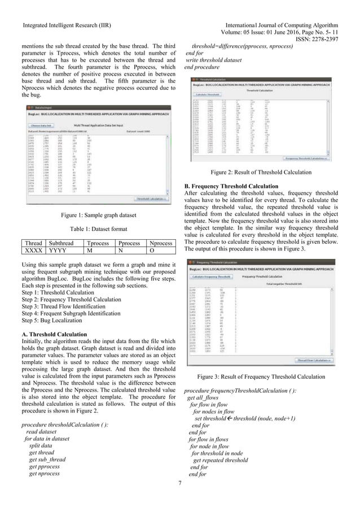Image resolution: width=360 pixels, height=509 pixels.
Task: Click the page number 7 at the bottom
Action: [180, 482]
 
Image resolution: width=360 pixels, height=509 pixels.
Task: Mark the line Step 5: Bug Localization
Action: [54, 319]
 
